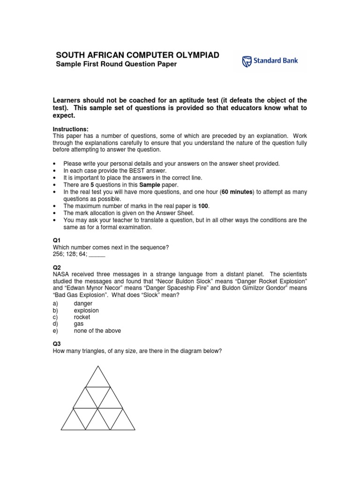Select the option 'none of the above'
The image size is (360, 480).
97,330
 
